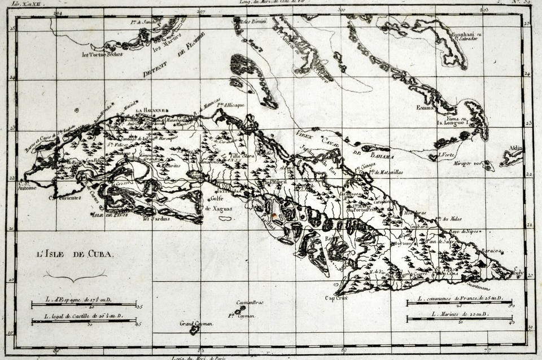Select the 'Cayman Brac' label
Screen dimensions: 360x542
[250, 302]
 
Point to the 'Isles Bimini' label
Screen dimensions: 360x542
[253, 22]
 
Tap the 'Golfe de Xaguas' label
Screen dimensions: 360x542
[216, 202]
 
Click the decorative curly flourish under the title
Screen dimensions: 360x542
[75, 275]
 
